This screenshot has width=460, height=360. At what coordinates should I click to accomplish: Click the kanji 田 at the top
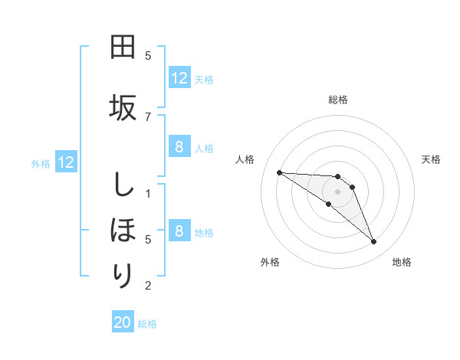click(x=123, y=47)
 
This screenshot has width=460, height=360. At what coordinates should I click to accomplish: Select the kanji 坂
click(x=123, y=107)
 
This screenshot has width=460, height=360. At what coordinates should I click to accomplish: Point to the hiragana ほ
click(x=123, y=230)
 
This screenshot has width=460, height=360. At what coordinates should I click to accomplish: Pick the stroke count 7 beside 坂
click(x=148, y=116)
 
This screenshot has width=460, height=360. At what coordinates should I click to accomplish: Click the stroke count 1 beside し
click(x=148, y=193)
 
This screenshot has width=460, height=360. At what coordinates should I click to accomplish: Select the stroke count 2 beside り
click(x=148, y=286)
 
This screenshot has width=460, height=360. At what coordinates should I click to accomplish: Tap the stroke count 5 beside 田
click(x=148, y=55)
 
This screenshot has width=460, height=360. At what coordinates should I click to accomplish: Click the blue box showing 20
click(x=123, y=323)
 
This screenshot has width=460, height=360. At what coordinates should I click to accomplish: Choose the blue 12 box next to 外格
click(x=66, y=162)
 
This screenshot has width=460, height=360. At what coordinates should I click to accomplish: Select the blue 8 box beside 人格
click(x=179, y=147)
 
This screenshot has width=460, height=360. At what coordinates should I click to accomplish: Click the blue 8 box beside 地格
click(x=179, y=231)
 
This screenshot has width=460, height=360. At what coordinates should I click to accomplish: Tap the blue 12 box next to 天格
click(x=179, y=78)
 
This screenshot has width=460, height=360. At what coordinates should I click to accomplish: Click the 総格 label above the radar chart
click(x=338, y=100)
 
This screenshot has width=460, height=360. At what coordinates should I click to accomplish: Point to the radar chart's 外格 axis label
click(x=270, y=262)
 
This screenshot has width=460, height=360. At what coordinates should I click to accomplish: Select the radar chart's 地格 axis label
click(x=402, y=262)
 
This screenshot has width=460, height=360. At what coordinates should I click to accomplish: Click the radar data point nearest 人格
click(x=279, y=172)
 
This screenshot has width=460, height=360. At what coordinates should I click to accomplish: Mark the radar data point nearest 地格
click(x=373, y=242)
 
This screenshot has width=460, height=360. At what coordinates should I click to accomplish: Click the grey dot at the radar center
click(x=337, y=191)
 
